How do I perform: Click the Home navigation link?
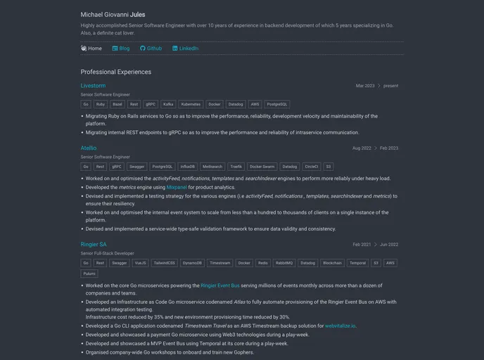point(91,49)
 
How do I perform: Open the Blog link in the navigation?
point(121,49)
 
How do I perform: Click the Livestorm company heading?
point(93,86)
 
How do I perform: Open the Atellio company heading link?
point(89,148)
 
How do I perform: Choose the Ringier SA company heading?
point(94,245)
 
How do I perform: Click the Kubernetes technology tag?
point(190,104)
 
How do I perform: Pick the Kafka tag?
point(168,104)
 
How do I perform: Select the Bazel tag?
point(117,104)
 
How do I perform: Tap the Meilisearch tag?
point(212,167)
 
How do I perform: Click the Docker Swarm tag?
point(262,167)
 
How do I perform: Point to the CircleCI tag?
point(311,167)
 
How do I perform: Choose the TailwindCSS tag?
point(165,263)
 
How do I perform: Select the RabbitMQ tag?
point(284,263)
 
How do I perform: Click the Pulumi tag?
point(89,274)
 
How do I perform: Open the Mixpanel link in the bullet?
point(177,188)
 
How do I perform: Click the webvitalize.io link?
point(340,326)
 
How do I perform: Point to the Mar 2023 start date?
point(365,86)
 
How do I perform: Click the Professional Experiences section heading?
point(115,72)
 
